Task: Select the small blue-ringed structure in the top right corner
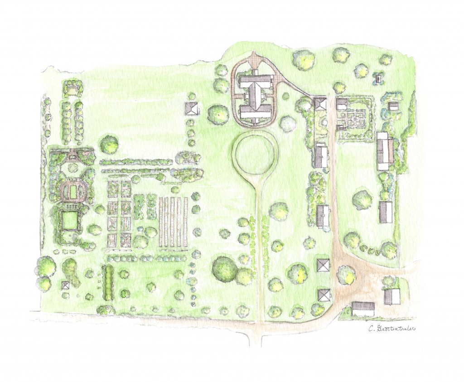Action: click(x=377, y=78)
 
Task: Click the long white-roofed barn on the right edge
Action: click(x=384, y=151)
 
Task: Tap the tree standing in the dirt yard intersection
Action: click(x=347, y=275)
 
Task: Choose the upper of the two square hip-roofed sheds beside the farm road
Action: click(x=324, y=265)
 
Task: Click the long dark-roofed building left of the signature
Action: click(x=363, y=309)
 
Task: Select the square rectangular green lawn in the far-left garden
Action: click(x=69, y=221)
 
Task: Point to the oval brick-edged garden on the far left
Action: click(x=72, y=190)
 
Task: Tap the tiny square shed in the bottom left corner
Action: click(x=66, y=285)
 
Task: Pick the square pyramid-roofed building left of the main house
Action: click(x=192, y=109)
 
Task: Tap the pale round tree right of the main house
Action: click(x=288, y=123)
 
